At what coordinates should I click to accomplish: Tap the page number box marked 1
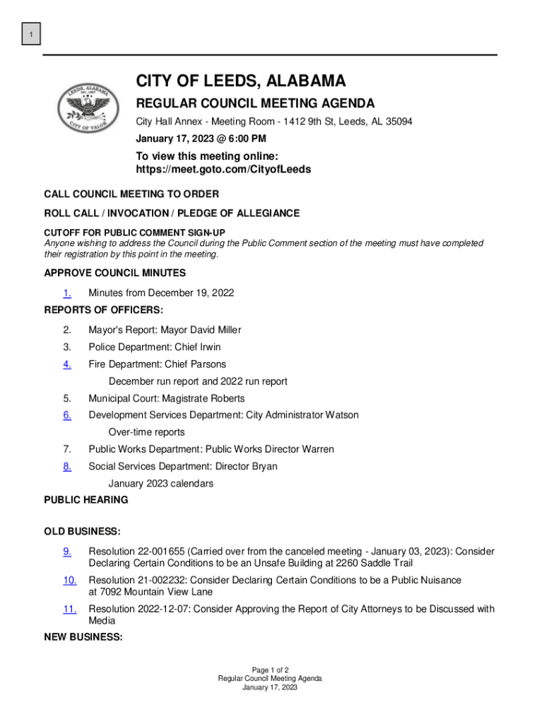click(31, 34)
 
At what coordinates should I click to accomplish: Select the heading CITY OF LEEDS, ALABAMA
click(241, 81)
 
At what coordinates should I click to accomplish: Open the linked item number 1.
click(66, 293)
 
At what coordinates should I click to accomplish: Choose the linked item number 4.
click(66, 364)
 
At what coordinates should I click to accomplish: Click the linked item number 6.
click(66, 415)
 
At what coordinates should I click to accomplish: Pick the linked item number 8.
click(66, 466)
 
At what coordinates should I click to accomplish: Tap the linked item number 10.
click(69, 580)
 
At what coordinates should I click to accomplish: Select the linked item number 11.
click(69, 609)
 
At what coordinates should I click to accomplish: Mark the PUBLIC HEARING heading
click(86, 500)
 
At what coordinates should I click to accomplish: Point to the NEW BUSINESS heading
click(83, 637)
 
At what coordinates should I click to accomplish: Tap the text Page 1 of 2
click(270, 670)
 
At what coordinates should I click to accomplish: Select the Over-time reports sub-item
click(146, 432)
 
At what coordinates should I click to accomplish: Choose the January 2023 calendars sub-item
click(160, 484)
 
